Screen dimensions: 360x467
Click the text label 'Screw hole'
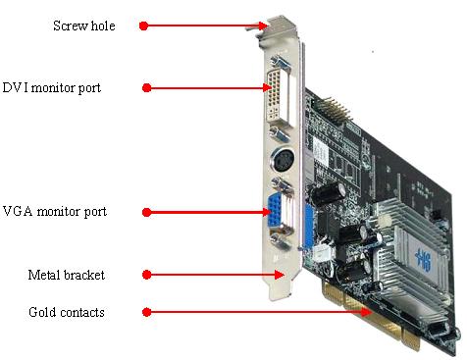[x=83, y=26]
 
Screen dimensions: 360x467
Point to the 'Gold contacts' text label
[x=67, y=312]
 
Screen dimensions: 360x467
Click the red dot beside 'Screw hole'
[x=144, y=26]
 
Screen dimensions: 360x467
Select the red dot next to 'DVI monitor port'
[x=146, y=88]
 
